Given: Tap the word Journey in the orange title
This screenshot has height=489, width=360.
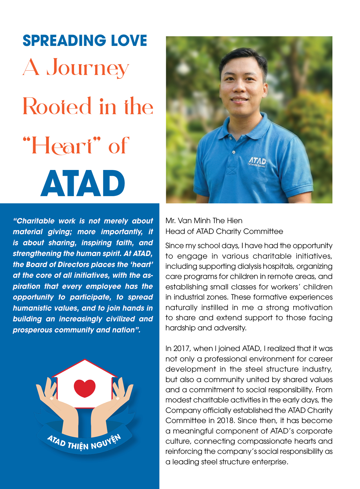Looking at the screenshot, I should point(88,68).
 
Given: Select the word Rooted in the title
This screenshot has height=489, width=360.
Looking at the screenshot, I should point(57,106).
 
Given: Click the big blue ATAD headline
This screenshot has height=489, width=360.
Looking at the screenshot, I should point(83,184).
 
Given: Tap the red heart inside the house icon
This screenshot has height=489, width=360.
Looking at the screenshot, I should point(84,388).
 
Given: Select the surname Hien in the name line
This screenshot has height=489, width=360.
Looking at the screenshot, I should point(235,221).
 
